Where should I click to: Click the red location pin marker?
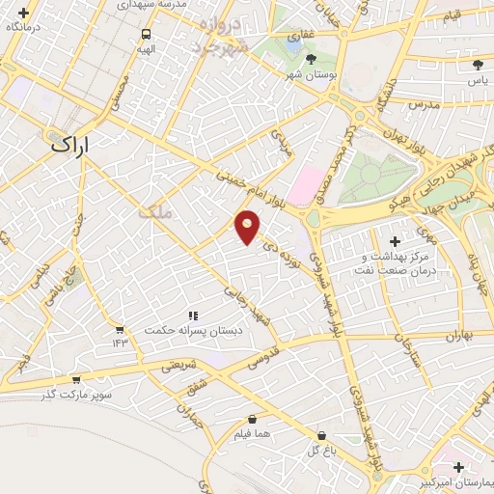tap(248, 227)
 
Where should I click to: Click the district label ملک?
tap(154, 214)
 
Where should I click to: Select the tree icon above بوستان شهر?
tap(311, 60)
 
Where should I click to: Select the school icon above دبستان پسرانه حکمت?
tap(193, 316)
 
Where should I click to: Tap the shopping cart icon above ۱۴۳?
tap(119, 329)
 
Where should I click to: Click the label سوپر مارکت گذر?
tap(77, 395)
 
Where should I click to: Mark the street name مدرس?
tap(424, 103)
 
